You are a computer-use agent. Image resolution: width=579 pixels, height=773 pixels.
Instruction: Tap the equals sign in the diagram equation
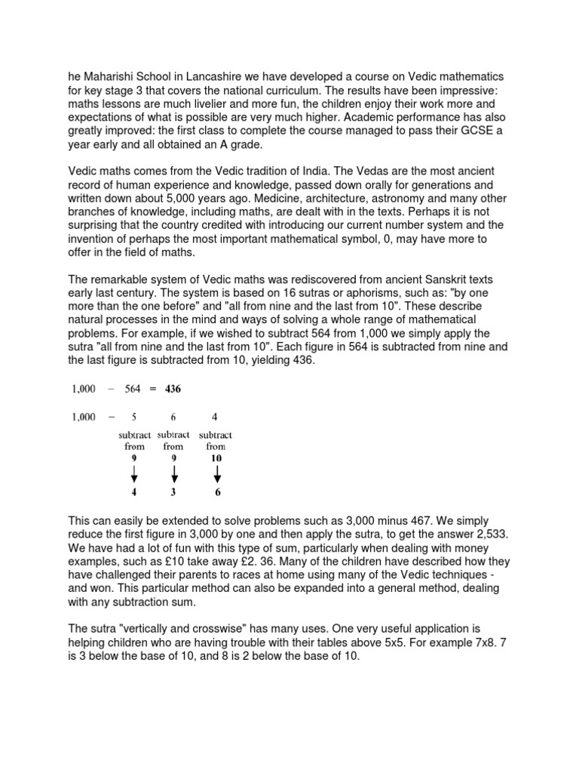[x=151, y=390]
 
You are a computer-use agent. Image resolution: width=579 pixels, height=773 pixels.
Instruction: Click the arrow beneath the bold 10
[x=217, y=473]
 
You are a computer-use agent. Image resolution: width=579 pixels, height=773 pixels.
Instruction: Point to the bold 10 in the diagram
[x=216, y=457]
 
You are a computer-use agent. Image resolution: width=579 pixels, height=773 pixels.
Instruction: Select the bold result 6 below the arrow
[x=218, y=493]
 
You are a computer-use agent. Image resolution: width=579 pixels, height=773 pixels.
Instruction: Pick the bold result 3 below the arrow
[x=174, y=493]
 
